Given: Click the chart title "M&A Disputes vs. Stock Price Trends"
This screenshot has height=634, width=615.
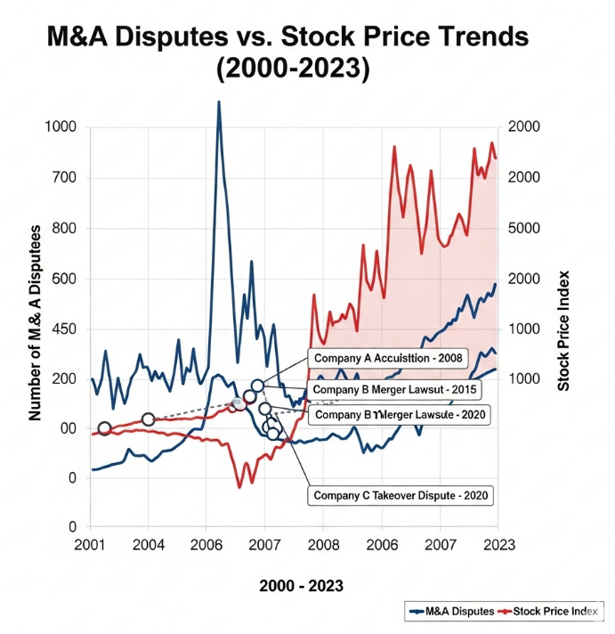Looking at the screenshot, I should tap(287, 37).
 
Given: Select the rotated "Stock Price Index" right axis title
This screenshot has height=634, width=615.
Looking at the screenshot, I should tap(562, 330).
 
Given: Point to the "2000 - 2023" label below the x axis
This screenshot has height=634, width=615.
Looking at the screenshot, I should tap(301, 586).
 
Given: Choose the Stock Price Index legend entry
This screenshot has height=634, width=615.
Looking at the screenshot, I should tap(552, 610).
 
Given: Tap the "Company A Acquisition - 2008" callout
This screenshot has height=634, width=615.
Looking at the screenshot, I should tap(380, 357).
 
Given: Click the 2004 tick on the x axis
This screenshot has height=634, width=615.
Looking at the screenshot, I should tap(149, 545).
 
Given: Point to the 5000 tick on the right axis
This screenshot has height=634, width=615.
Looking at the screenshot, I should tap(525, 228).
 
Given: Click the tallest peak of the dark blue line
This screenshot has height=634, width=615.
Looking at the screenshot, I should tap(219, 102).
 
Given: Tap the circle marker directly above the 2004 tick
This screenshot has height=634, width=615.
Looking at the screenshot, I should tap(149, 419).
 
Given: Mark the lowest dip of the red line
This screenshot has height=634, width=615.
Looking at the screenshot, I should tap(239, 486).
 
